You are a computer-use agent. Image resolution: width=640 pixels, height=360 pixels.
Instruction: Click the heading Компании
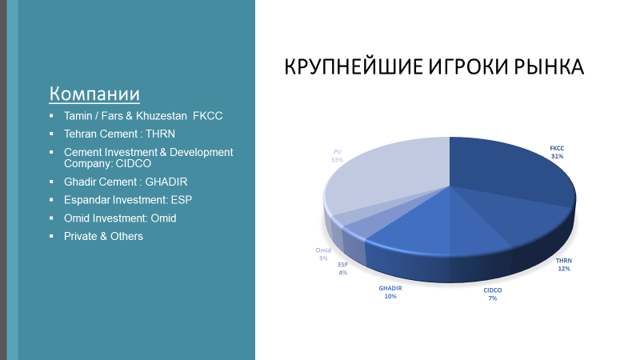[94, 94]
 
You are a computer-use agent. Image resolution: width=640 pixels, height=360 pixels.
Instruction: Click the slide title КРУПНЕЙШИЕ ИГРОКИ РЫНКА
[434, 67]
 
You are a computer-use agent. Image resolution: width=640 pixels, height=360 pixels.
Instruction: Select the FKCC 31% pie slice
[512, 172]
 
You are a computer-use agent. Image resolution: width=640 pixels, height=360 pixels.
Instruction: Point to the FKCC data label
[557, 152]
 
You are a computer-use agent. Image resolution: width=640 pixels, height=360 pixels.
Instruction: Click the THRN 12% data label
[564, 265]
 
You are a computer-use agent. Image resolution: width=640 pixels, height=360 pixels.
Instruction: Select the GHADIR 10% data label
[390, 292]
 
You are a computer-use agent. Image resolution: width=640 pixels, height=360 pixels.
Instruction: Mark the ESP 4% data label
[342, 268]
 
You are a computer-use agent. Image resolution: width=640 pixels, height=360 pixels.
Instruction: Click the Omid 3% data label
[323, 254]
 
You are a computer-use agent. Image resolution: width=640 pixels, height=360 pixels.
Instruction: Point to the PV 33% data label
[337, 155]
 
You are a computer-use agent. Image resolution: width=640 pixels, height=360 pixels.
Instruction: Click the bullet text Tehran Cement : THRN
[119, 134]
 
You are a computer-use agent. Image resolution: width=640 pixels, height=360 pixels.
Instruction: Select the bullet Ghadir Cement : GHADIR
[126, 181]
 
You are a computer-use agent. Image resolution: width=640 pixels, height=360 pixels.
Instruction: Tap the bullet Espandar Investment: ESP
[127, 199]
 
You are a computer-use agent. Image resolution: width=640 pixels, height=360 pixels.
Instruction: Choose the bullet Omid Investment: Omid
[120, 218]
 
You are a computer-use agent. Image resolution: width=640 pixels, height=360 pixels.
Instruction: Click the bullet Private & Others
[103, 236]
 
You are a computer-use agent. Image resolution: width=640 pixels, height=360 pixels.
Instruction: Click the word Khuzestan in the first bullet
[155, 115]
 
